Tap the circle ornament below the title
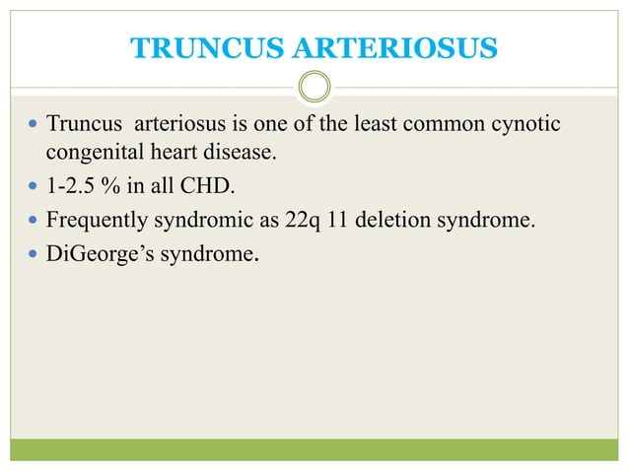pos(314,89)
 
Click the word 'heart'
pos(174,154)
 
